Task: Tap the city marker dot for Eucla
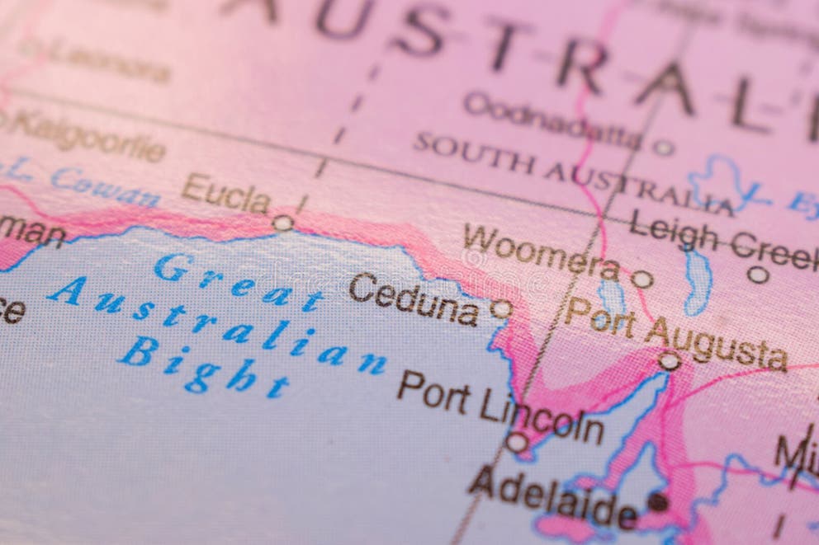click(282, 223)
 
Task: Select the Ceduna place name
click(414, 299)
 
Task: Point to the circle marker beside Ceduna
click(500, 309)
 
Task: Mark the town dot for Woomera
click(641, 280)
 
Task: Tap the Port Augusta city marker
click(669, 360)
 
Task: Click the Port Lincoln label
click(500, 407)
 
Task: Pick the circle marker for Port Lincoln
click(517, 443)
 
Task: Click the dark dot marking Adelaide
click(658, 501)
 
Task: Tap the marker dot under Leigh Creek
click(758, 275)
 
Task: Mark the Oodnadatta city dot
click(663, 148)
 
